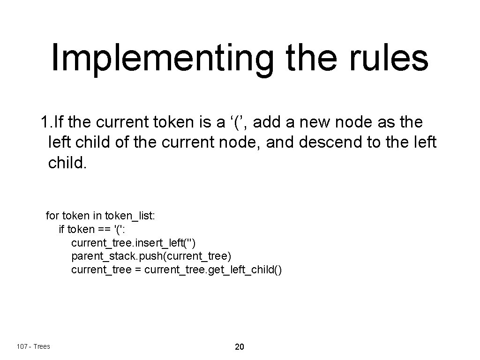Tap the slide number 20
[239, 347]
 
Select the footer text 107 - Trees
[33, 346]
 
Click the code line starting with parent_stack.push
[151, 256]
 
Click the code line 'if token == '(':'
[91, 230]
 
